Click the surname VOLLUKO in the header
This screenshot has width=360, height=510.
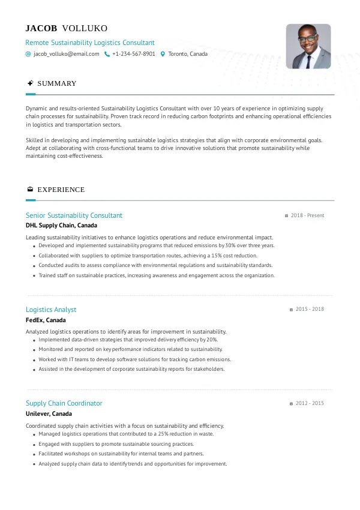85,28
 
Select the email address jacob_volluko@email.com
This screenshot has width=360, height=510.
66,54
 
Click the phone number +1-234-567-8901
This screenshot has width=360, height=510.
134,54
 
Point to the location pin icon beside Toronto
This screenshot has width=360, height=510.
163,54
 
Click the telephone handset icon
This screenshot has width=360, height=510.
107,54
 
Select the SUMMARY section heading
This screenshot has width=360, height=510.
57,83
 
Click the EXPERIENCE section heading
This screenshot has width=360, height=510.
61,190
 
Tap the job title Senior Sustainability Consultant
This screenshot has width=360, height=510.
74,215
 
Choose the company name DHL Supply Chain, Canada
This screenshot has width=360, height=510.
61,226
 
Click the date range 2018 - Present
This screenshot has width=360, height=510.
307,215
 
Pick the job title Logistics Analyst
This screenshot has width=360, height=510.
51,310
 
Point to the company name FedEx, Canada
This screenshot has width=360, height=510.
46,320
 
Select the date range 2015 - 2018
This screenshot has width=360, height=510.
310,310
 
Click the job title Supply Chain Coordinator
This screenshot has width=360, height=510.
64,403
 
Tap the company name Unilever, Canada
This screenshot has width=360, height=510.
49,413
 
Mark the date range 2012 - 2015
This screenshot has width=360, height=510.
310,403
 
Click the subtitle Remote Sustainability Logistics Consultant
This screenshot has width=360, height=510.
90,43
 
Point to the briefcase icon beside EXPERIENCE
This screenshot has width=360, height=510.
30,190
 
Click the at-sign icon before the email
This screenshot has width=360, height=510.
28,54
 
